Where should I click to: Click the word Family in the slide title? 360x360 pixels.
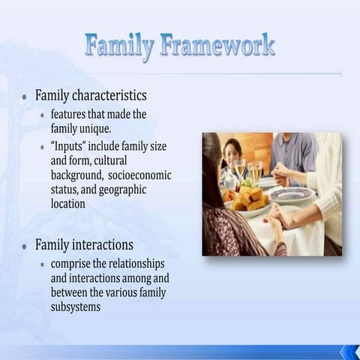[x=118, y=46]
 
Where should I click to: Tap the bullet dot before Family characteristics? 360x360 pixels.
[x=25, y=97]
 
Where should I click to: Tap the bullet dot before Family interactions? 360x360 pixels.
[x=25, y=246]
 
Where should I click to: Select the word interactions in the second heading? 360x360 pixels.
[x=103, y=245]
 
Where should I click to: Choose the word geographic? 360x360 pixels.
[x=121, y=189]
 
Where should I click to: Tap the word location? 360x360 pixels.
[x=67, y=203]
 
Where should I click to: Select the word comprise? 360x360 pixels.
[x=72, y=264]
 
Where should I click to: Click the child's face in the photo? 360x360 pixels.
[x=233, y=151]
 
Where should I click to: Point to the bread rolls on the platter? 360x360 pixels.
[x=248, y=200]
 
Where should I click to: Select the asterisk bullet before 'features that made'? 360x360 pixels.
[x=43, y=115]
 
